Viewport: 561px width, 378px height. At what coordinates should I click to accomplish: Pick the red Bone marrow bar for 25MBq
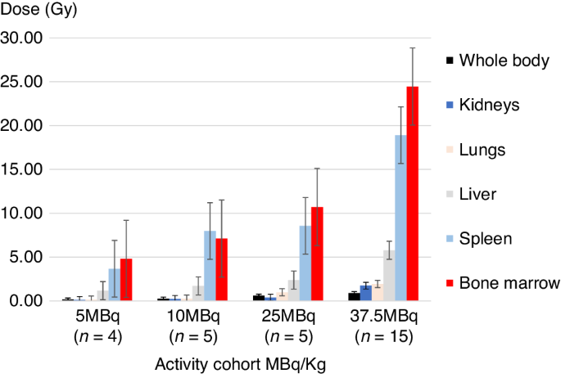point(317,254)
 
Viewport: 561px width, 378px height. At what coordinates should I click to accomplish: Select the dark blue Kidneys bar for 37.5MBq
point(366,293)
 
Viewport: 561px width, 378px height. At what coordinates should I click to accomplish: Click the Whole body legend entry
point(503,61)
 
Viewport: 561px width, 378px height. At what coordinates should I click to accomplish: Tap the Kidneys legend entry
point(489,105)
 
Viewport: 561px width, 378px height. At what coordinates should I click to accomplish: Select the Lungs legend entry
point(482,150)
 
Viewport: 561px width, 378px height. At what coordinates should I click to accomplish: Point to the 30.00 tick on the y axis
point(22,38)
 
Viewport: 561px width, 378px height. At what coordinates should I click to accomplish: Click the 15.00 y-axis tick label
point(22,169)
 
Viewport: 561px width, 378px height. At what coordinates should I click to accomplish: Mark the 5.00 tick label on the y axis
point(25,257)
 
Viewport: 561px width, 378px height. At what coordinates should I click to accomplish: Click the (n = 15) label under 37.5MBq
point(383,335)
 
